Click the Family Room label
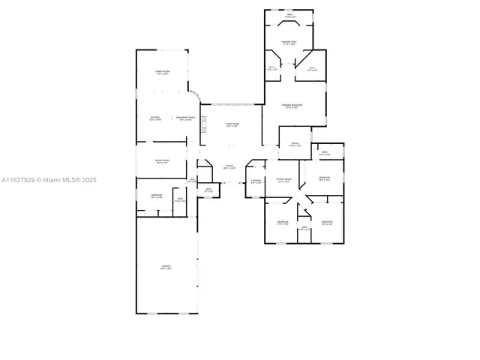[x=162, y=72]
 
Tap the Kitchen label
[x=155, y=118]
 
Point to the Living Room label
[x=232, y=125]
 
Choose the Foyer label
[x=229, y=167]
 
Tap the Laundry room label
[x=256, y=181]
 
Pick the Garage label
[x=166, y=267]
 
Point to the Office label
[x=295, y=145]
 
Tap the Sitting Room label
[x=283, y=181]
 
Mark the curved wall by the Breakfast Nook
[x=194, y=97]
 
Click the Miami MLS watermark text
[x=49, y=180]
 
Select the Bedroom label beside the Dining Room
[x=156, y=196]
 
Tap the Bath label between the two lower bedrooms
[x=304, y=228]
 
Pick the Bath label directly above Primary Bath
[x=289, y=15]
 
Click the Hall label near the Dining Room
[x=192, y=181]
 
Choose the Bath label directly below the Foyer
[x=209, y=191]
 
